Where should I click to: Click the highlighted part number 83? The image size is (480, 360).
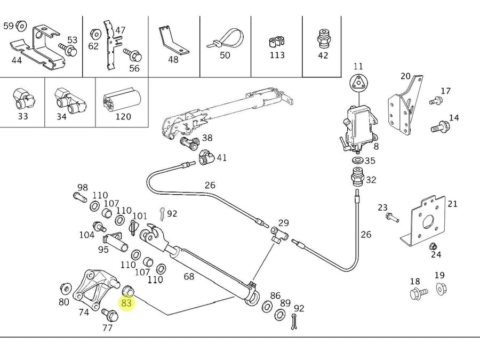[126, 302]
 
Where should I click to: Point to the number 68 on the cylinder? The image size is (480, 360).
[188, 276]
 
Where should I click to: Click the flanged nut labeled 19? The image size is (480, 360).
[441, 289]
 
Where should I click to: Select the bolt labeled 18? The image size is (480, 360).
[418, 293]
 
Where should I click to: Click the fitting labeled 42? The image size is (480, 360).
[323, 38]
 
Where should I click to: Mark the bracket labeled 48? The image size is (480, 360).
[173, 41]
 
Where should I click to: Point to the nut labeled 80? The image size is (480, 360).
[66, 289]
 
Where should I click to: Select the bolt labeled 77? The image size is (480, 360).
[110, 315]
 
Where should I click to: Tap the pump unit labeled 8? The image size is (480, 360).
[358, 125]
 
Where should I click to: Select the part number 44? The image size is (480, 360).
[17, 60]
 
